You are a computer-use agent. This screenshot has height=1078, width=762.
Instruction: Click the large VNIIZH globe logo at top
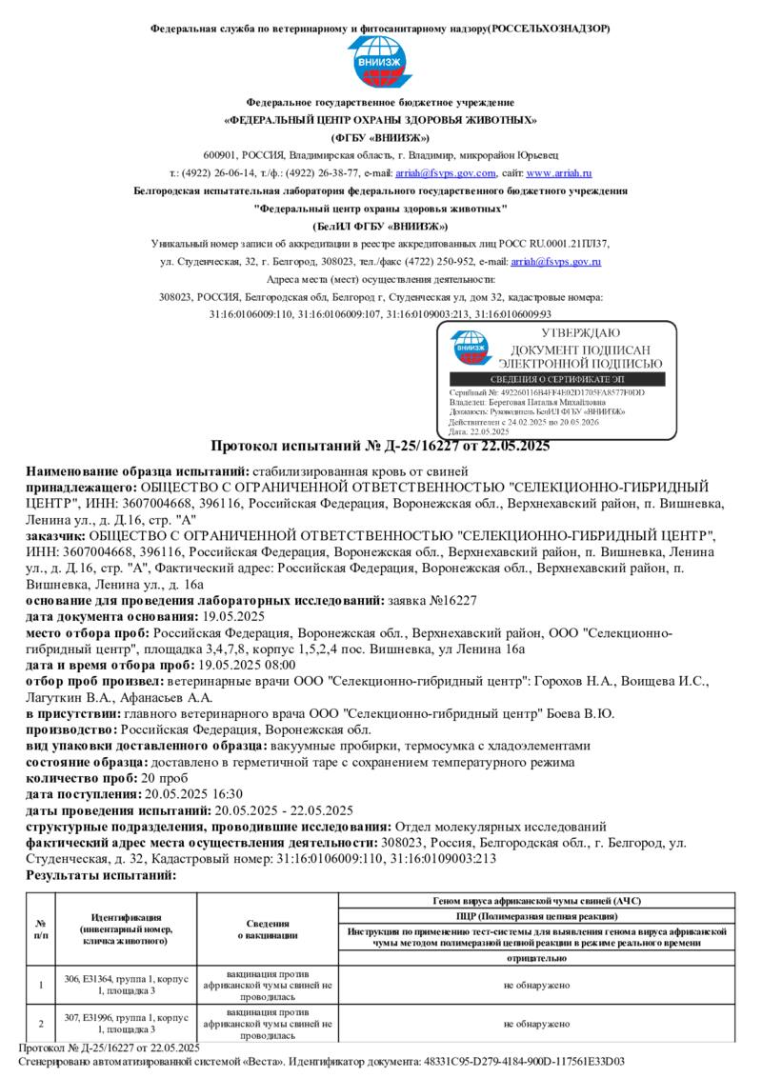point(381,63)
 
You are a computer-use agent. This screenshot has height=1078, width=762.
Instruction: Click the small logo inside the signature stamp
point(472,348)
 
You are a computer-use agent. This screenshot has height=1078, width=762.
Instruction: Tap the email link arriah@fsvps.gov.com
point(446,173)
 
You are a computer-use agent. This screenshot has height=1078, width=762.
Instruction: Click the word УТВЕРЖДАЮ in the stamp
point(580,333)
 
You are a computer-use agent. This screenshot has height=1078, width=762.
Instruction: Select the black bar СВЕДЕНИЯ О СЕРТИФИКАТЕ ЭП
point(557,379)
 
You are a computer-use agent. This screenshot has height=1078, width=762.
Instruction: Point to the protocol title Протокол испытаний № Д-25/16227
point(380,446)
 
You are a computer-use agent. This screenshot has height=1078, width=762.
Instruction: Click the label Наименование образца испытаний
point(137,471)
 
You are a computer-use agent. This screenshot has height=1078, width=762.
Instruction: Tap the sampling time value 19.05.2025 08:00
point(245,666)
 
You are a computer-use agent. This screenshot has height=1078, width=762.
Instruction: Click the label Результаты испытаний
point(101,875)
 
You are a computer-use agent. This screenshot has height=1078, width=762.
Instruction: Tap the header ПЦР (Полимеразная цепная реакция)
point(535,914)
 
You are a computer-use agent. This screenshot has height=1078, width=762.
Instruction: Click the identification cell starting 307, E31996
point(126,1025)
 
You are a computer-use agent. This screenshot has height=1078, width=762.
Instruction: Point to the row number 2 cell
point(41,1025)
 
